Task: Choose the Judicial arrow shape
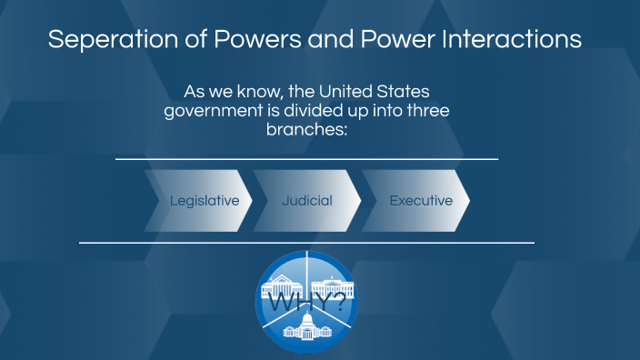(x=306, y=201)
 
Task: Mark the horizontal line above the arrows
(x=306, y=159)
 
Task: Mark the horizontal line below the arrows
(x=306, y=243)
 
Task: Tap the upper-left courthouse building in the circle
(x=283, y=289)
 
